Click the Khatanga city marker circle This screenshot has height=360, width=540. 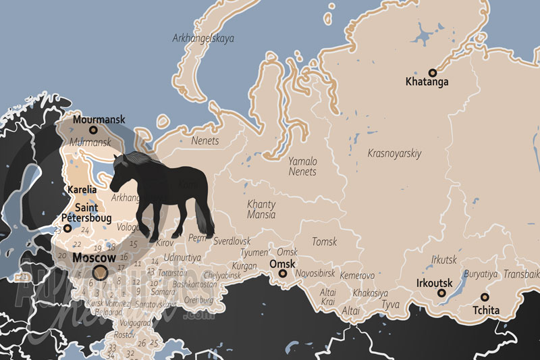[432, 72]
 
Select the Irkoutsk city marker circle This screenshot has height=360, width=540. [442, 293]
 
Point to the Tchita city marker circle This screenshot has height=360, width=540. [484, 297]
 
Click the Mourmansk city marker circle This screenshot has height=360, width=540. [93, 130]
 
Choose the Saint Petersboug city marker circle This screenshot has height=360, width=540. [67, 228]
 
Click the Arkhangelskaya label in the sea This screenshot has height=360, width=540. [203, 38]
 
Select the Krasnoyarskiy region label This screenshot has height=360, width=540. [394, 153]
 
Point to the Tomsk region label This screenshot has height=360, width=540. [324, 241]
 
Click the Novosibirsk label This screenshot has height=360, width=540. [316, 275]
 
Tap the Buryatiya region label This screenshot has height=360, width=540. [481, 274]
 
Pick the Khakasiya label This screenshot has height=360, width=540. [370, 293]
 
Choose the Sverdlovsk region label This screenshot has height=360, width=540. [232, 240]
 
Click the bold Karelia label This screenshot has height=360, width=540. [82, 190]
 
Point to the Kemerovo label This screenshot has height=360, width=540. [357, 276]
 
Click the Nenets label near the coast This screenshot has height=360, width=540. [205, 141]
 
